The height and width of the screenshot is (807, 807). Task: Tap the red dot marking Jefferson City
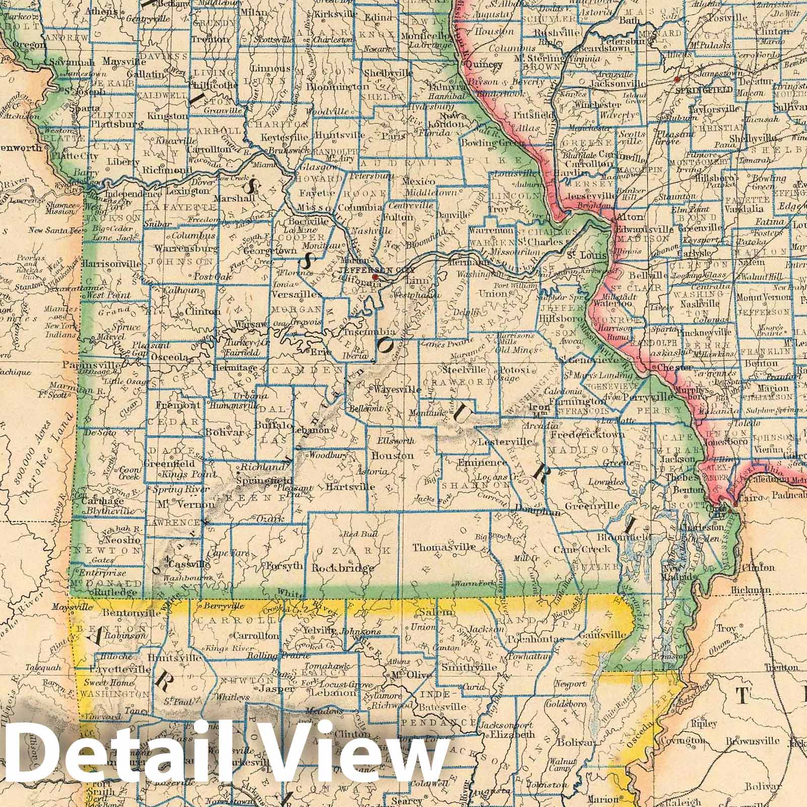tap(375, 277)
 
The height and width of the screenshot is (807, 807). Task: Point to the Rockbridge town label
tap(343, 568)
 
